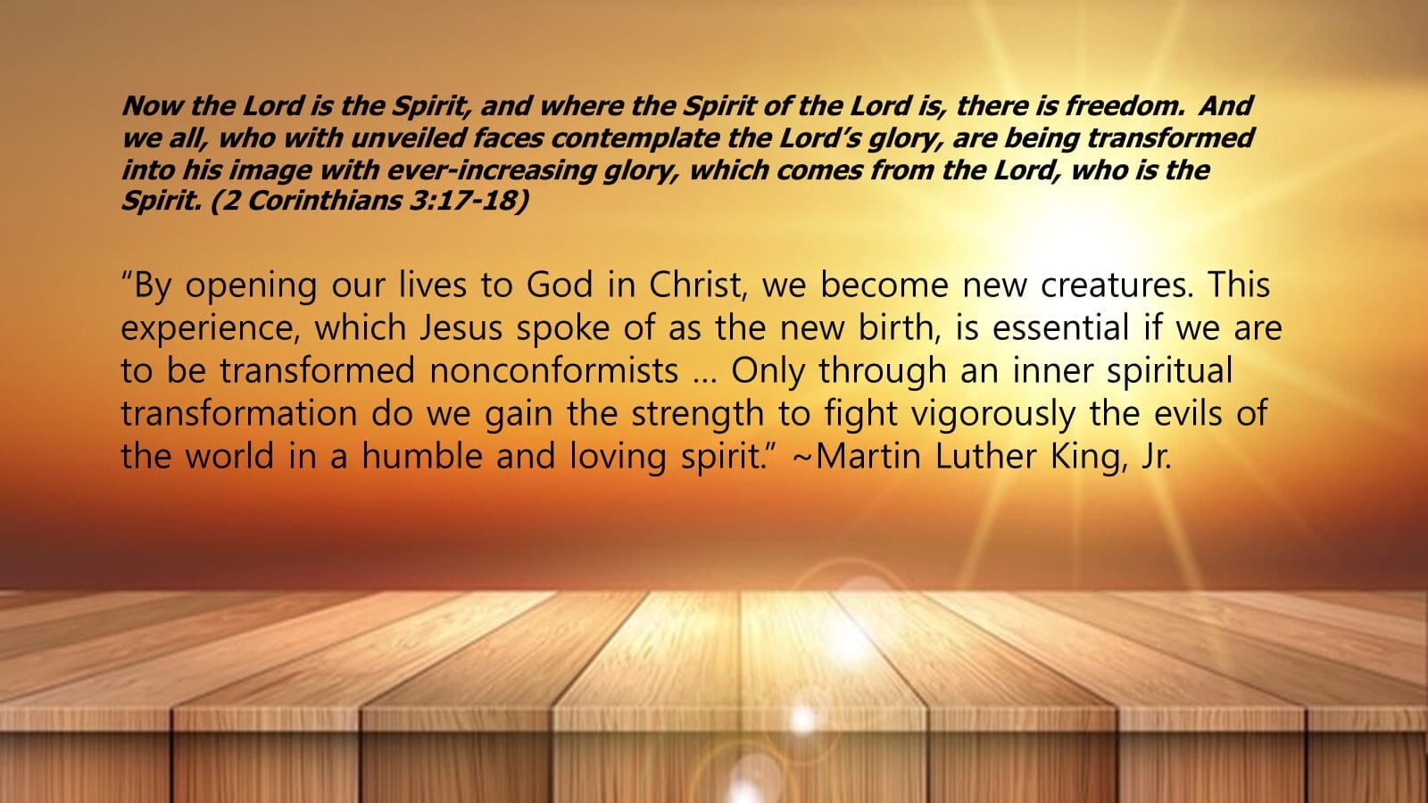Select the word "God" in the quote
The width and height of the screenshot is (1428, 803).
[559, 285]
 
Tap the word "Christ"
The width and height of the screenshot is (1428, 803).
[698, 285]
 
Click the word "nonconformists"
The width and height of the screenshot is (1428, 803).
[554, 371]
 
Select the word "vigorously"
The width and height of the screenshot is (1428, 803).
[992, 414]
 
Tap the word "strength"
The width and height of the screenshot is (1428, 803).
[697, 414]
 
